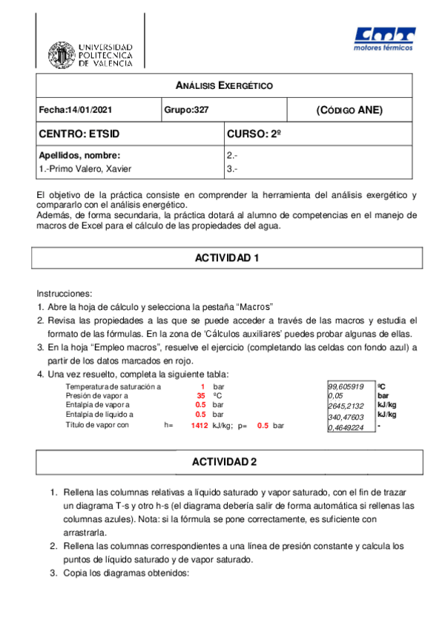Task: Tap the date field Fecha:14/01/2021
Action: (76, 111)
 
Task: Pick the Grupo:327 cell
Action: (186, 111)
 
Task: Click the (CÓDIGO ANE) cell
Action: (349, 111)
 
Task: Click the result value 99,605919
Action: (346, 386)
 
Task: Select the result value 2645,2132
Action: (346, 406)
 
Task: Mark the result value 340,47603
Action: (346, 417)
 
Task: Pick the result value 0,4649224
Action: (346, 427)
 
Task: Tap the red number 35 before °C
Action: (200, 397)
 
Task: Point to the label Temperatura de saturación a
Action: (113, 387)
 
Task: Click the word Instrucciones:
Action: (64, 294)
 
